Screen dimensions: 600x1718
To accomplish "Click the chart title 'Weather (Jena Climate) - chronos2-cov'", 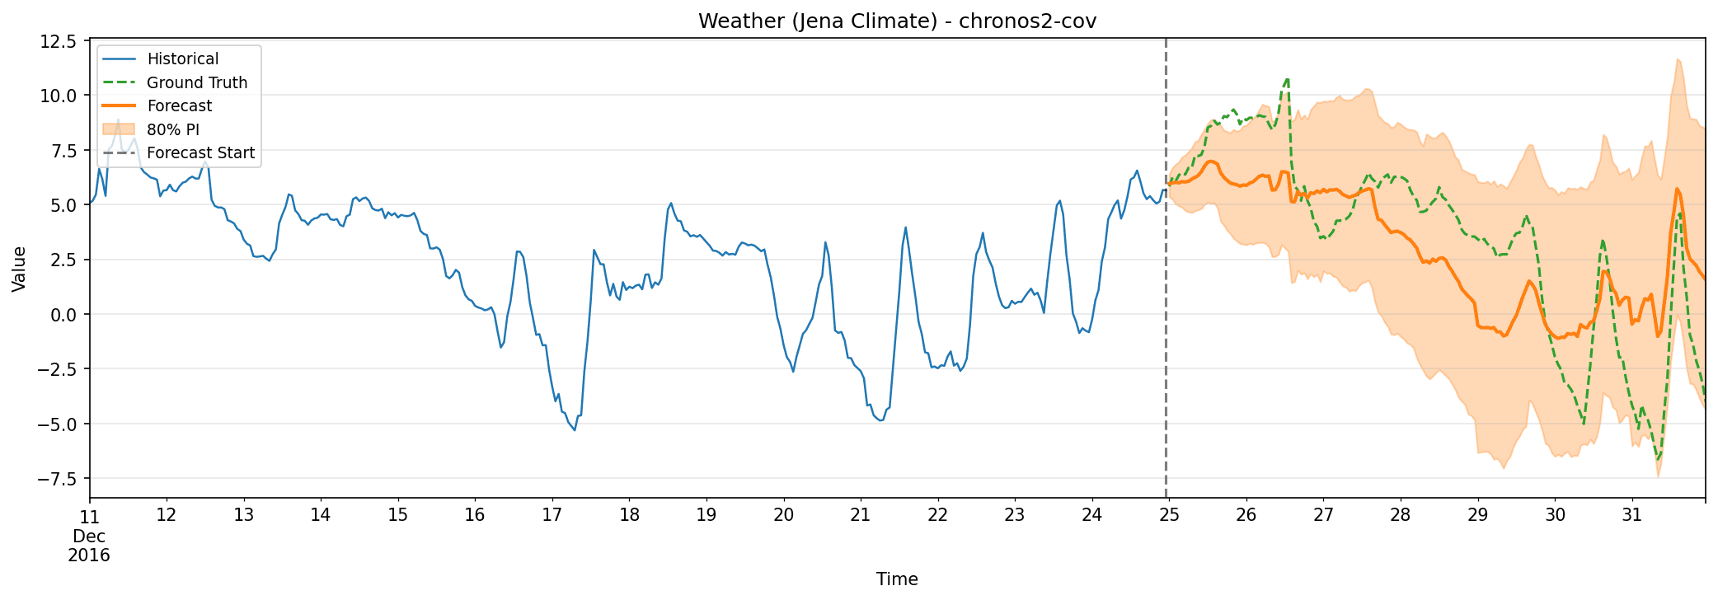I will pos(897,21).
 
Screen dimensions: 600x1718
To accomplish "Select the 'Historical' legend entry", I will pos(182,59).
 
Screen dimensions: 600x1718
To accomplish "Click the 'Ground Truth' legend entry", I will pos(197,82).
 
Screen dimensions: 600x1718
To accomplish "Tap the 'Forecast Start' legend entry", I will pos(200,153).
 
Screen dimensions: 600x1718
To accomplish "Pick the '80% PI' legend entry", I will pos(173,129).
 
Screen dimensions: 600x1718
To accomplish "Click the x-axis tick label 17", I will pos(552,516).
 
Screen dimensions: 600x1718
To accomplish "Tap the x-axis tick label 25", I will pos(1168,516).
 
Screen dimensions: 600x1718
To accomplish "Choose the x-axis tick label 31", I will pos(1631,516).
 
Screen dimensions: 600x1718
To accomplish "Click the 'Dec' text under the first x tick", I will pos(89,537).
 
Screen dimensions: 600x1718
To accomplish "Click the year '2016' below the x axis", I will pos(89,555).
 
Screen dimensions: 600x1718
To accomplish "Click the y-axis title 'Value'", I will pos(20,269).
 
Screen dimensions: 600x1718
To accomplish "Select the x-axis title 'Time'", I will pos(897,579).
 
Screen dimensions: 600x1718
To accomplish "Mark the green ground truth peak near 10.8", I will pos(1287,79).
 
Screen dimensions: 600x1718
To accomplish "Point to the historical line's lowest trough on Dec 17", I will pos(575,430).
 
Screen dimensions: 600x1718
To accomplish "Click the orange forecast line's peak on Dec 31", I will pos(1677,189).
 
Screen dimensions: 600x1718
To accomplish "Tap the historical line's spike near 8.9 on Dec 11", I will pos(118,120).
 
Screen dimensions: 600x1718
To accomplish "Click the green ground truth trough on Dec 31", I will pos(1658,460).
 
